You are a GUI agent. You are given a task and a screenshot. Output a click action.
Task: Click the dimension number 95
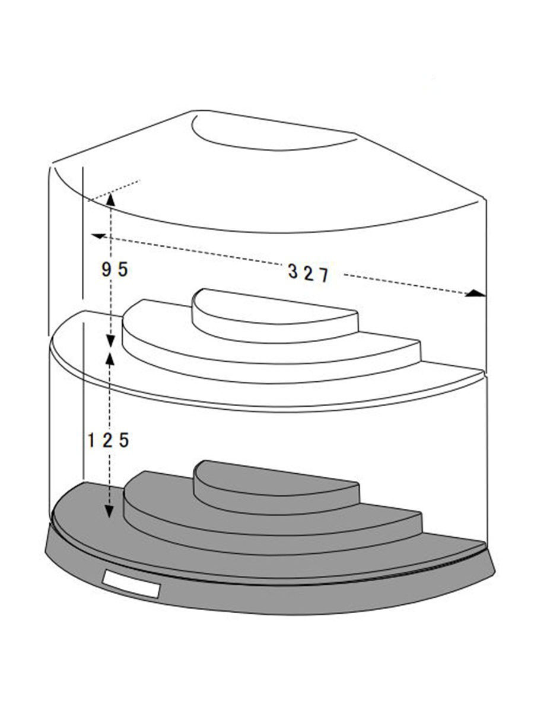point(115,270)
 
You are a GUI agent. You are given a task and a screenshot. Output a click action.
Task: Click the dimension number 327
point(308,273)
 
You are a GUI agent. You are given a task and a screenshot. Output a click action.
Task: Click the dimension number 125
point(108,440)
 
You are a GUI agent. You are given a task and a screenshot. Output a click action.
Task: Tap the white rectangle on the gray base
point(131,584)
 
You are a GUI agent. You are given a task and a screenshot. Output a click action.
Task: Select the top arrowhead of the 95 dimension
point(110,199)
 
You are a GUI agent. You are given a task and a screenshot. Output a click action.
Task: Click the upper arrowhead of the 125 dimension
point(109,359)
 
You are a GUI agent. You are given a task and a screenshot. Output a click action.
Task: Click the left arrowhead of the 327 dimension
point(98,236)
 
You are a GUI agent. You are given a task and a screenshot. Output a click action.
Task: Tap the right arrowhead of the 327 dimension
point(475,294)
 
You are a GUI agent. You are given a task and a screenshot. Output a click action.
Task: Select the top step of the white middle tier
point(274,314)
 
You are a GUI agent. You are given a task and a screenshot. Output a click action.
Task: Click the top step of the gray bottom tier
point(276,486)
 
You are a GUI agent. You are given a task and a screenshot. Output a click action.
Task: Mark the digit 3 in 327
point(293,271)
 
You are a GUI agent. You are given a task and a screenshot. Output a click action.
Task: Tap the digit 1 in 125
point(91,440)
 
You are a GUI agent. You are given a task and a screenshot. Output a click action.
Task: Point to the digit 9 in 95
point(106,270)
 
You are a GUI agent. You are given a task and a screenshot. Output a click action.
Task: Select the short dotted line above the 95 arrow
point(115,190)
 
